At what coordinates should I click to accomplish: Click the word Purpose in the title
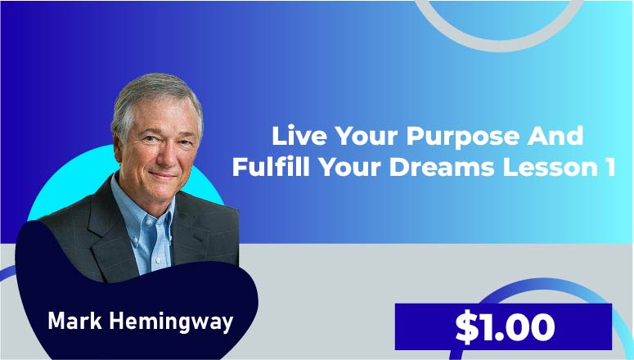click(462, 137)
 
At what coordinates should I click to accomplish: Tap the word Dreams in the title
click(442, 167)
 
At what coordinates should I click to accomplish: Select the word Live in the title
click(299, 136)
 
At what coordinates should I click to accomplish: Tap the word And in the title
click(555, 136)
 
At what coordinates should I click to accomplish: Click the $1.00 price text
click(505, 326)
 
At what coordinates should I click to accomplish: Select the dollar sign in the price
click(466, 326)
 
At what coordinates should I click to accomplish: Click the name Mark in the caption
click(74, 321)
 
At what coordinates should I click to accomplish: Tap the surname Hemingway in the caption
click(171, 322)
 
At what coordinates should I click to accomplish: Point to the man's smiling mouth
click(163, 176)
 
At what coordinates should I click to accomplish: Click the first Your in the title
click(366, 136)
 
